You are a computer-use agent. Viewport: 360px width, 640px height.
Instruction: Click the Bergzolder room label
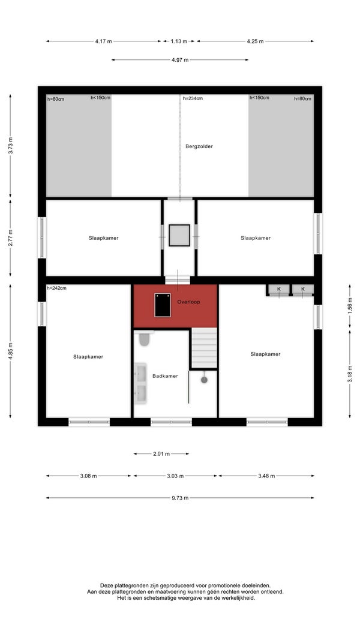click(199, 146)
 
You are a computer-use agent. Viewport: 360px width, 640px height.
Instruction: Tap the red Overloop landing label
click(188, 302)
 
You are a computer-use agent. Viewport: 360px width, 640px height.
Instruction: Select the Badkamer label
click(165, 376)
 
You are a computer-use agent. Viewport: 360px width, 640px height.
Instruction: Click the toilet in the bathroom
click(144, 338)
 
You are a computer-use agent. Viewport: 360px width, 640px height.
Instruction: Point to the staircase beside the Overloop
click(204, 348)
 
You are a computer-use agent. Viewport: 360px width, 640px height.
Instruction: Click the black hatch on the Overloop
click(162, 305)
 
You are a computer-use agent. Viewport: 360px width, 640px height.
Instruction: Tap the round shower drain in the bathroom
click(204, 380)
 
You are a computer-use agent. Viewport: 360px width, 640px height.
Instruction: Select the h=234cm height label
click(193, 98)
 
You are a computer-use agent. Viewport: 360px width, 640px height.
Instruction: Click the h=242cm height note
click(57, 288)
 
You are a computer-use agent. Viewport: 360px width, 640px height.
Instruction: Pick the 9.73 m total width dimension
click(179, 498)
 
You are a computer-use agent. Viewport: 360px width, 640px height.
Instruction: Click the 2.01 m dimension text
click(161, 454)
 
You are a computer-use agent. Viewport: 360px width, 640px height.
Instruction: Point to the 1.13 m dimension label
click(179, 41)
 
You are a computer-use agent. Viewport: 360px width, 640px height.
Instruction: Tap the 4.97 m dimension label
click(180, 60)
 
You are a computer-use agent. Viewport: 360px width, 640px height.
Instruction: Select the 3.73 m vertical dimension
click(11, 145)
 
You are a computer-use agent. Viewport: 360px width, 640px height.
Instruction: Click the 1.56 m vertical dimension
click(350, 306)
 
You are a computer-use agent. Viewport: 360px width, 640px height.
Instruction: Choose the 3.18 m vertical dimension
click(350, 374)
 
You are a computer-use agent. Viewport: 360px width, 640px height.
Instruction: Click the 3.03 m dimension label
click(175, 476)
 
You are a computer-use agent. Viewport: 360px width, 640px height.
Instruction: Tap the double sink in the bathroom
click(141, 384)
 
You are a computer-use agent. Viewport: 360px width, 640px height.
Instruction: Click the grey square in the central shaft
click(179, 236)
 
